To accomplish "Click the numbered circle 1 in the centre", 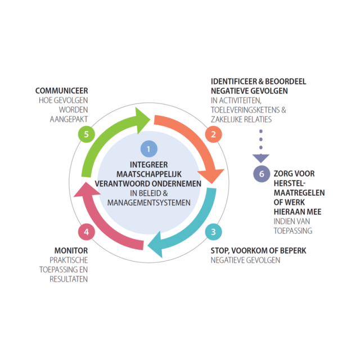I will (148, 149).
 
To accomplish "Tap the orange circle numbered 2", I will (213, 134).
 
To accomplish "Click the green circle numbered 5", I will (85, 134).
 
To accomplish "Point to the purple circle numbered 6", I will (261, 173).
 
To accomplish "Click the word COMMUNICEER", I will (62, 90).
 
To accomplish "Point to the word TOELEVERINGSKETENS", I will (246, 110).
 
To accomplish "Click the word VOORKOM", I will (251, 250).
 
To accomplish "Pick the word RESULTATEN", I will (69, 278).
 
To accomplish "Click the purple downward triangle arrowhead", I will (261, 157).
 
